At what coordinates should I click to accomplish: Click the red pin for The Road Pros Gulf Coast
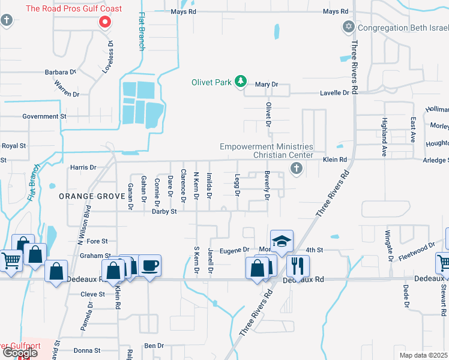click(x=105, y=22)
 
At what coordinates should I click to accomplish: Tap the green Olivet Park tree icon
click(x=241, y=82)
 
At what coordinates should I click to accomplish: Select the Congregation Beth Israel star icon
click(x=348, y=28)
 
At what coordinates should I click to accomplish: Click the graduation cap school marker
click(x=282, y=241)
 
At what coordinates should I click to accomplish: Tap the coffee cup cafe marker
click(x=149, y=265)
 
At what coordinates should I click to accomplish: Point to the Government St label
click(x=44, y=116)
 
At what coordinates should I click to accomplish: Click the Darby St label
click(x=164, y=211)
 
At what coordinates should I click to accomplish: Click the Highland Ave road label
click(x=384, y=137)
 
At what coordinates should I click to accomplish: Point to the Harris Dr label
click(x=83, y=167)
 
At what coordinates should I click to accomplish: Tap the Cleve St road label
click(x=93, y=295)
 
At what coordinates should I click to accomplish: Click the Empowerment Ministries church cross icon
click(x=295, y=170)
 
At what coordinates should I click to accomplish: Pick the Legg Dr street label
click(x=237, y=186)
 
